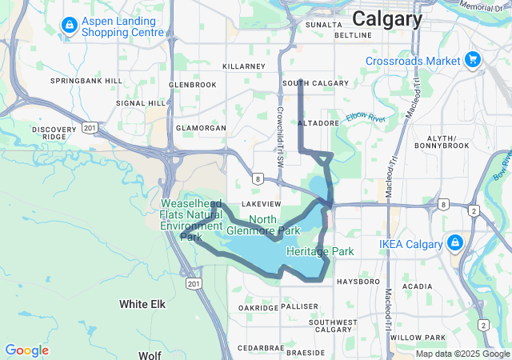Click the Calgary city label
point(387,19)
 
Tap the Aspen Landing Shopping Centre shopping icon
point(69,26)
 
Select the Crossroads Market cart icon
point(473,59)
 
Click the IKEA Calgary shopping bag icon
point(454,242)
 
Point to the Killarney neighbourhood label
point(244,66)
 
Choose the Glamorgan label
point(201,128)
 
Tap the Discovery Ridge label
point(54,133)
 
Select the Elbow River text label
point(366,117)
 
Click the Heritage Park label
point(320,251)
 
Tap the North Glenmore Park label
point(274,225)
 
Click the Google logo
point(26,350)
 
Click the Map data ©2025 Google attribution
point(463,354)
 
